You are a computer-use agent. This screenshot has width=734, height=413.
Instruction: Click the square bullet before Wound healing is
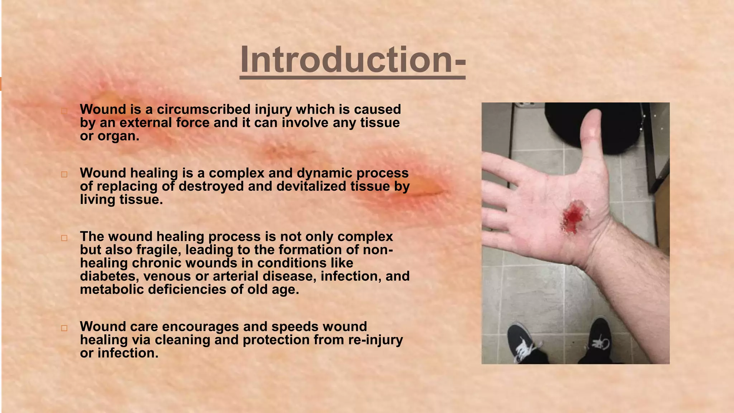pos(64,175)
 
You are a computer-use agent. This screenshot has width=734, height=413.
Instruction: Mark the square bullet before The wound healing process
pos(64,238)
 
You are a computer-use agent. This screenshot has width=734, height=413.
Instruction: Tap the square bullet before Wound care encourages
pos(64,328)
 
